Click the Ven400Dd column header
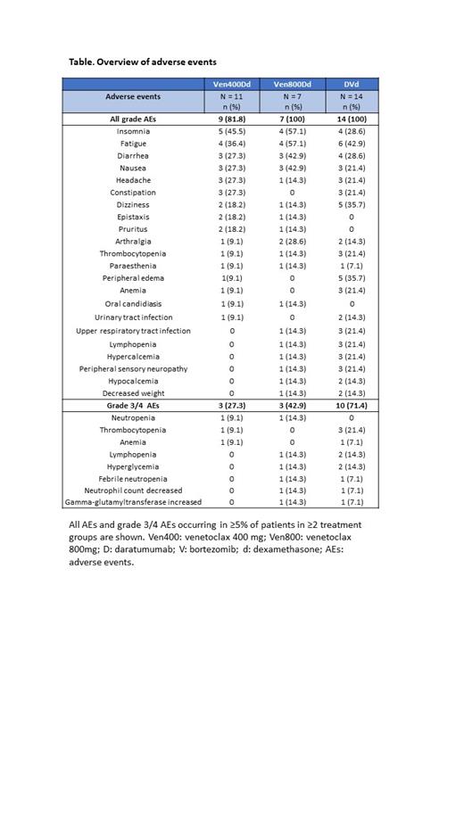pos(232,84)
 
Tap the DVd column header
pos(352,84)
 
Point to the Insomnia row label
pos(133,131)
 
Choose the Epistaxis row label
pos(133,217)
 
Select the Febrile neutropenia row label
pos(133,478)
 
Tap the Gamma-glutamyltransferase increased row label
pos(133,502)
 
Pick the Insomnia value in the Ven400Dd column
pos(232,131)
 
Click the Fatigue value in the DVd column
pos(352,144)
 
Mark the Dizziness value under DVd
pos(352,204)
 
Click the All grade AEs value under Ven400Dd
pos(232,119)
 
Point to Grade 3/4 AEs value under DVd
pos(352,405)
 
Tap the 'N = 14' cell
pos(352,96)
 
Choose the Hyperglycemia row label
pos(133,466)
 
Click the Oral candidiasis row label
pos(133,303)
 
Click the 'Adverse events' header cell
pos(133,96)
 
